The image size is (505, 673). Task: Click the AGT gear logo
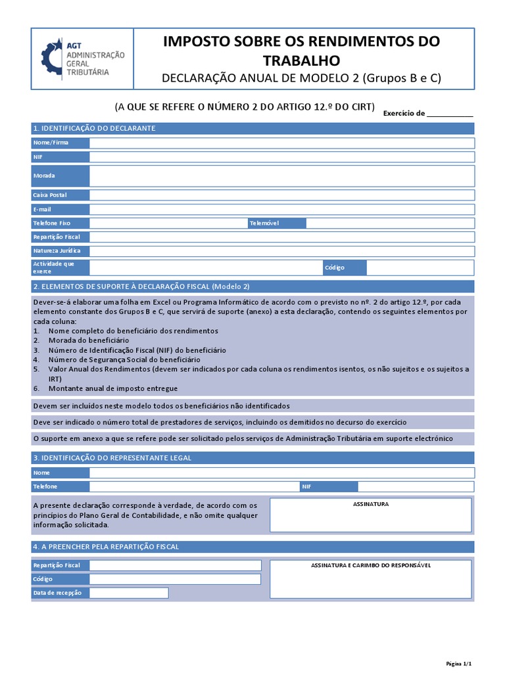click(51, 58)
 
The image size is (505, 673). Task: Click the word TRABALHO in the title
click(302, 61)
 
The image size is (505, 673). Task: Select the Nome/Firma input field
click(281, 143)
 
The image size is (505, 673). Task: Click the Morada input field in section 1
click(281, 175)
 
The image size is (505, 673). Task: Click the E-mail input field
click(281, 209)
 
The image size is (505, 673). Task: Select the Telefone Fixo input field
click(168, 223)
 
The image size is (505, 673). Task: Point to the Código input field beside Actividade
click(420, 267)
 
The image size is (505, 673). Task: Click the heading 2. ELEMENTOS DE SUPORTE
click(141, 287)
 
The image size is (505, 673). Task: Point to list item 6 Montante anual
click(112, 389)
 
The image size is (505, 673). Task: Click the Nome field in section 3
click(281, 473)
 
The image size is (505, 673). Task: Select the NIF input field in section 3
click(416, 486)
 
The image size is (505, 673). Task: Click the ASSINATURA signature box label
click(371, 504)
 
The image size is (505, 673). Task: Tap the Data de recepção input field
click(129, 593)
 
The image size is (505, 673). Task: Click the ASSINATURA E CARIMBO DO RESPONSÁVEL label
click(371, 565)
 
